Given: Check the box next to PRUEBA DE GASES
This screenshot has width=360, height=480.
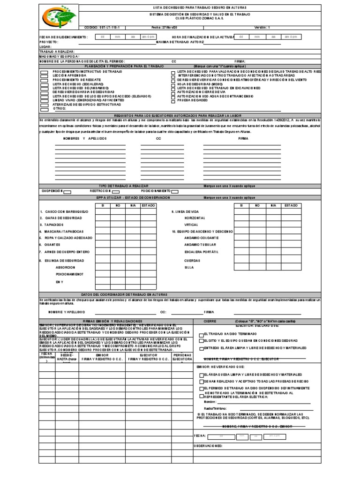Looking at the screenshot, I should tap(173, 100).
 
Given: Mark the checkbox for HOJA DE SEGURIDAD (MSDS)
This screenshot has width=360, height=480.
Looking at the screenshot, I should tap(173, 83).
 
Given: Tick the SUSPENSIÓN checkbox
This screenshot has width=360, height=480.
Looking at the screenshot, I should tap(67, 191).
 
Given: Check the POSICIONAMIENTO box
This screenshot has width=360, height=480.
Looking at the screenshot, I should tap(174, 191).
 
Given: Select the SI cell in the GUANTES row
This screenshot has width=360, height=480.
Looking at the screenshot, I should tap(103, 244).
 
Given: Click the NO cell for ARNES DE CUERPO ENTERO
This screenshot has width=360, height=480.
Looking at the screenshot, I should tap(118, 252).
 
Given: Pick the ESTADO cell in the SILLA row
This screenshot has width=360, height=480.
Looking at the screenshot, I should tap(290, 267).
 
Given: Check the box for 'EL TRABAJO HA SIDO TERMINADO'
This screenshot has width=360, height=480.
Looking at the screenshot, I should tap(202, 335).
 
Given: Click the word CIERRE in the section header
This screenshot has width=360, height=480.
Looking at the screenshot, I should tap(210, 321).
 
